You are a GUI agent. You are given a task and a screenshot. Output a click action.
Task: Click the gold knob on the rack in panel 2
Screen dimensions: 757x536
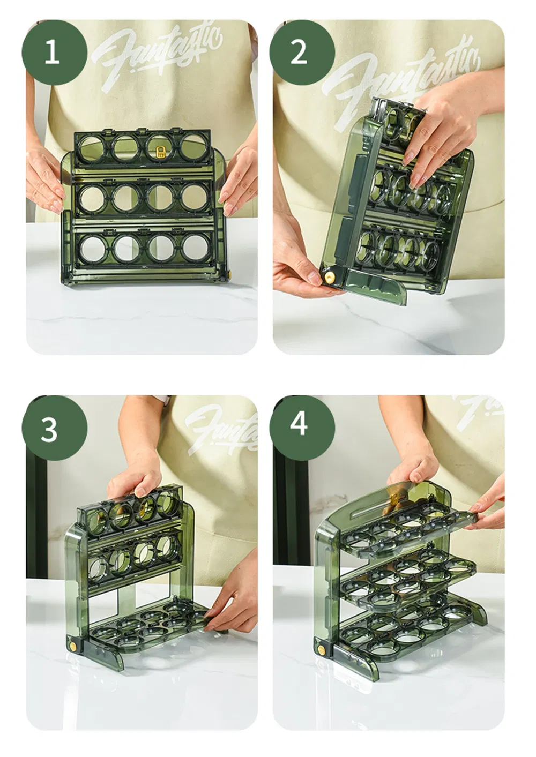click(327, 278)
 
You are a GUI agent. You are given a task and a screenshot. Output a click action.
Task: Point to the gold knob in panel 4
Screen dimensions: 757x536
click(322, 650)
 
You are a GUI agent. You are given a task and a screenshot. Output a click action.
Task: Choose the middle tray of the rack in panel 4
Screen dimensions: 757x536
click(407, 581)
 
